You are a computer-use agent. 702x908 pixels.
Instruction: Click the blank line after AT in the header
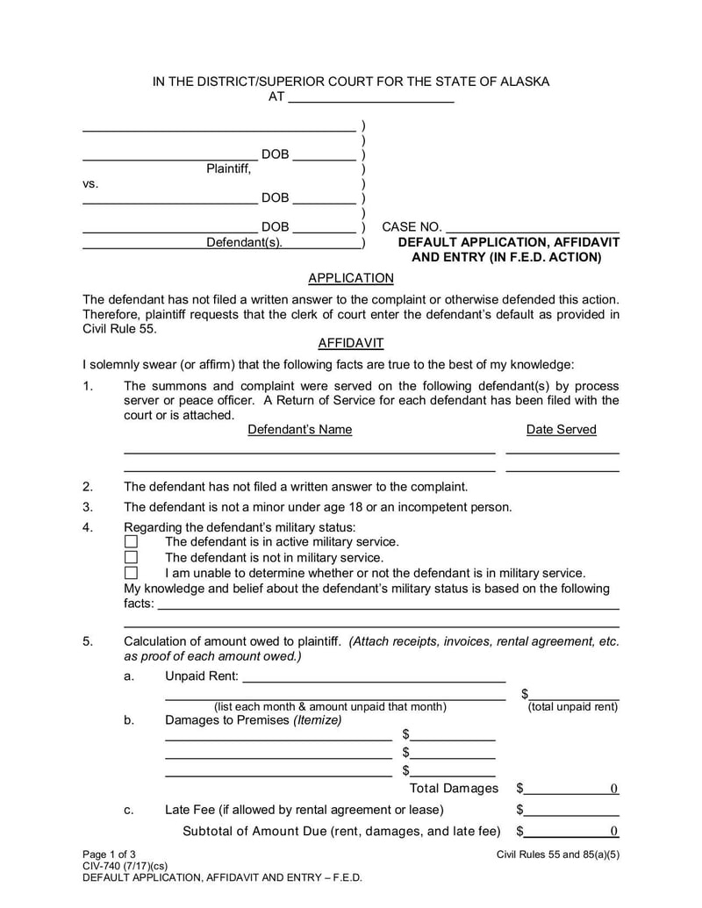point(371,97)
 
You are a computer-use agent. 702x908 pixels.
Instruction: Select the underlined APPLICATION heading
point(351,278)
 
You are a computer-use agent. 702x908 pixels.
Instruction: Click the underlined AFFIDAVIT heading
point(351,344)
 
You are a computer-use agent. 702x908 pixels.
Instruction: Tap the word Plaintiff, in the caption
point(228,168)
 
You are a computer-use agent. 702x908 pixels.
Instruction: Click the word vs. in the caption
point(90,184)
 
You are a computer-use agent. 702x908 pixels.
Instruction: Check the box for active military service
point(132,542)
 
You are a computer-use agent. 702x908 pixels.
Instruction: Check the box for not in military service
point(132,558)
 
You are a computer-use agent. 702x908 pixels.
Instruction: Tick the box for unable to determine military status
point(132,573)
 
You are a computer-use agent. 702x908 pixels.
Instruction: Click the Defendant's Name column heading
point(300,430)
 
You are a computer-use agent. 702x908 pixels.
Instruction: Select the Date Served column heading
point(562,430)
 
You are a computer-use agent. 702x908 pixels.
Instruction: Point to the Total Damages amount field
point(572,789)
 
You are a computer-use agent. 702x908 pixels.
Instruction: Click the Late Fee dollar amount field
point(572,810)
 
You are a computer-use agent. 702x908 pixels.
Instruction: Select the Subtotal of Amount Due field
point(572,832)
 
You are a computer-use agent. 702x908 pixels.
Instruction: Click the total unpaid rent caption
point(572,707)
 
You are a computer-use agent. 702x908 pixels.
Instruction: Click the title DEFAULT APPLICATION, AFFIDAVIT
point(509,242)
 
